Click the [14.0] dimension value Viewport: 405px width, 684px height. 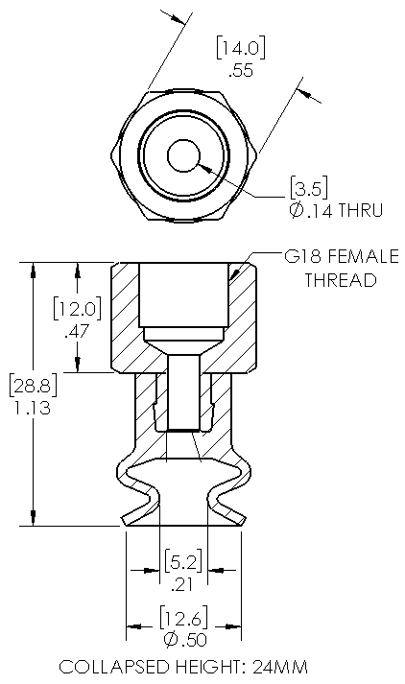pos(241,48)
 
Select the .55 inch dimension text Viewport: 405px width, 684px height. pos(241,70)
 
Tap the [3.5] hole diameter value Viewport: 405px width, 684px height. pos(309,187)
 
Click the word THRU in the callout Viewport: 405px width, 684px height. pos(360,210)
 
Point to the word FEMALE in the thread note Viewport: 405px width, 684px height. pos(364,256)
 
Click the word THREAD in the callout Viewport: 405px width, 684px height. pos(341,279)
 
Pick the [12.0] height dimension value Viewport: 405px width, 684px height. pos(77,308)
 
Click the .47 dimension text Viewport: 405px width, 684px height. pos(77,332)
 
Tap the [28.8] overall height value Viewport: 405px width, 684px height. pos(34,386)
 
